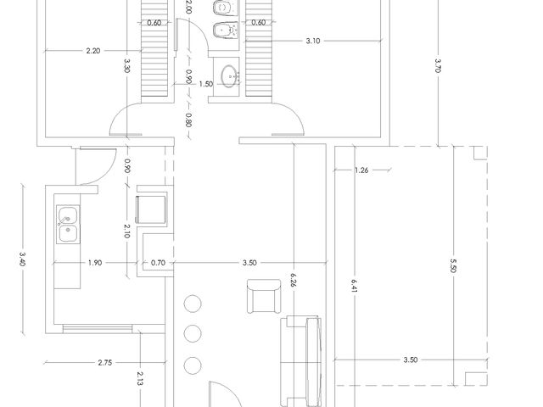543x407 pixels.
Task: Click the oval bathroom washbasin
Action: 230,76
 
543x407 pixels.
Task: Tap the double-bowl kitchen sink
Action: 68,224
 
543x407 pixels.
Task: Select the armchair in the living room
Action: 264,296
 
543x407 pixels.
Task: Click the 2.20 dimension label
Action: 93,51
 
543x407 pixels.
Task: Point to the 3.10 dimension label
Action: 313,41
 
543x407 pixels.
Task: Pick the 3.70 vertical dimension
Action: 438,65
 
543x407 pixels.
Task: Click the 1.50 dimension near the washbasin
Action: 205,84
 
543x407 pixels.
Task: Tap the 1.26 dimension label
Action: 361,170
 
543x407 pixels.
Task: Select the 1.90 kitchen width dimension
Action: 95,263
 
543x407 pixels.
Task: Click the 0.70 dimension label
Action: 158,263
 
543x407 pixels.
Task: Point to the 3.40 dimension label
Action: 23,259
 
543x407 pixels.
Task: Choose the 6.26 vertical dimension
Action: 294,281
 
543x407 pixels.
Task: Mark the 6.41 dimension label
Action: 354,287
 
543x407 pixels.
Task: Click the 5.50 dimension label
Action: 453,265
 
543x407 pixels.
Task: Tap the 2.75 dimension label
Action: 104,363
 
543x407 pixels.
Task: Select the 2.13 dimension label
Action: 139,378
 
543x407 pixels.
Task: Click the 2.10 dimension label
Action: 126,231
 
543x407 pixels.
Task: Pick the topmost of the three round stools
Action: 193,304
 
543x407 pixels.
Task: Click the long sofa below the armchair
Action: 300,361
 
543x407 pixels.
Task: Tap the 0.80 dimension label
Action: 188,120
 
